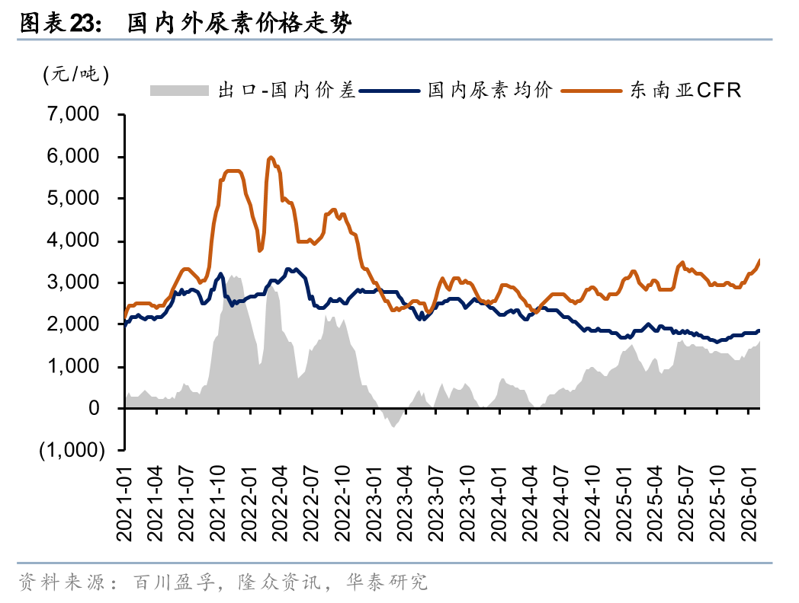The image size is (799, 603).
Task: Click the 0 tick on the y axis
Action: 94,409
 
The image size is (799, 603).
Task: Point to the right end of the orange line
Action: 759,260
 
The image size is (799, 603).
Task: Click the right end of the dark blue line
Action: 759,330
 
